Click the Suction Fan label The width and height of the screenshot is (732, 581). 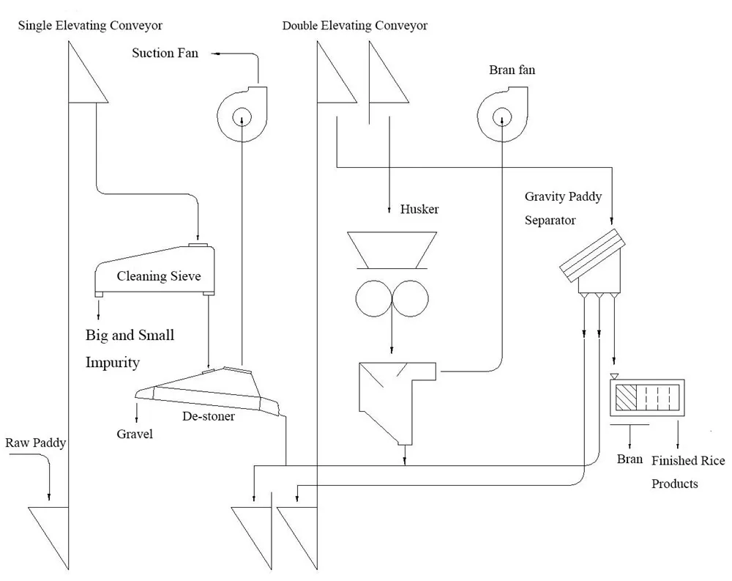[165, 53]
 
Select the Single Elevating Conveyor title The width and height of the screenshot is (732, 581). [90, 26]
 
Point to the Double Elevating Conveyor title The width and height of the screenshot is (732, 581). [355, 26]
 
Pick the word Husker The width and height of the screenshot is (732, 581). [419, 209]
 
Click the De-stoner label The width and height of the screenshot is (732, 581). [209, 416]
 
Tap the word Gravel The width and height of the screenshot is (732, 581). [135, 434]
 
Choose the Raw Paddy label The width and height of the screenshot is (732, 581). [36, 443]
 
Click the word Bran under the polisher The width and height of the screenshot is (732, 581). [630, 459]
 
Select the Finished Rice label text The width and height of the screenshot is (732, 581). [688, 460]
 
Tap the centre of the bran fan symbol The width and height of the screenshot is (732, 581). [501, 115]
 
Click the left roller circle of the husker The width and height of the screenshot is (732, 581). [373, 298]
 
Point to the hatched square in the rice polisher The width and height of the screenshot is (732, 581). [627, 398]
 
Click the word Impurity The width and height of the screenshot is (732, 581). [112, 362]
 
